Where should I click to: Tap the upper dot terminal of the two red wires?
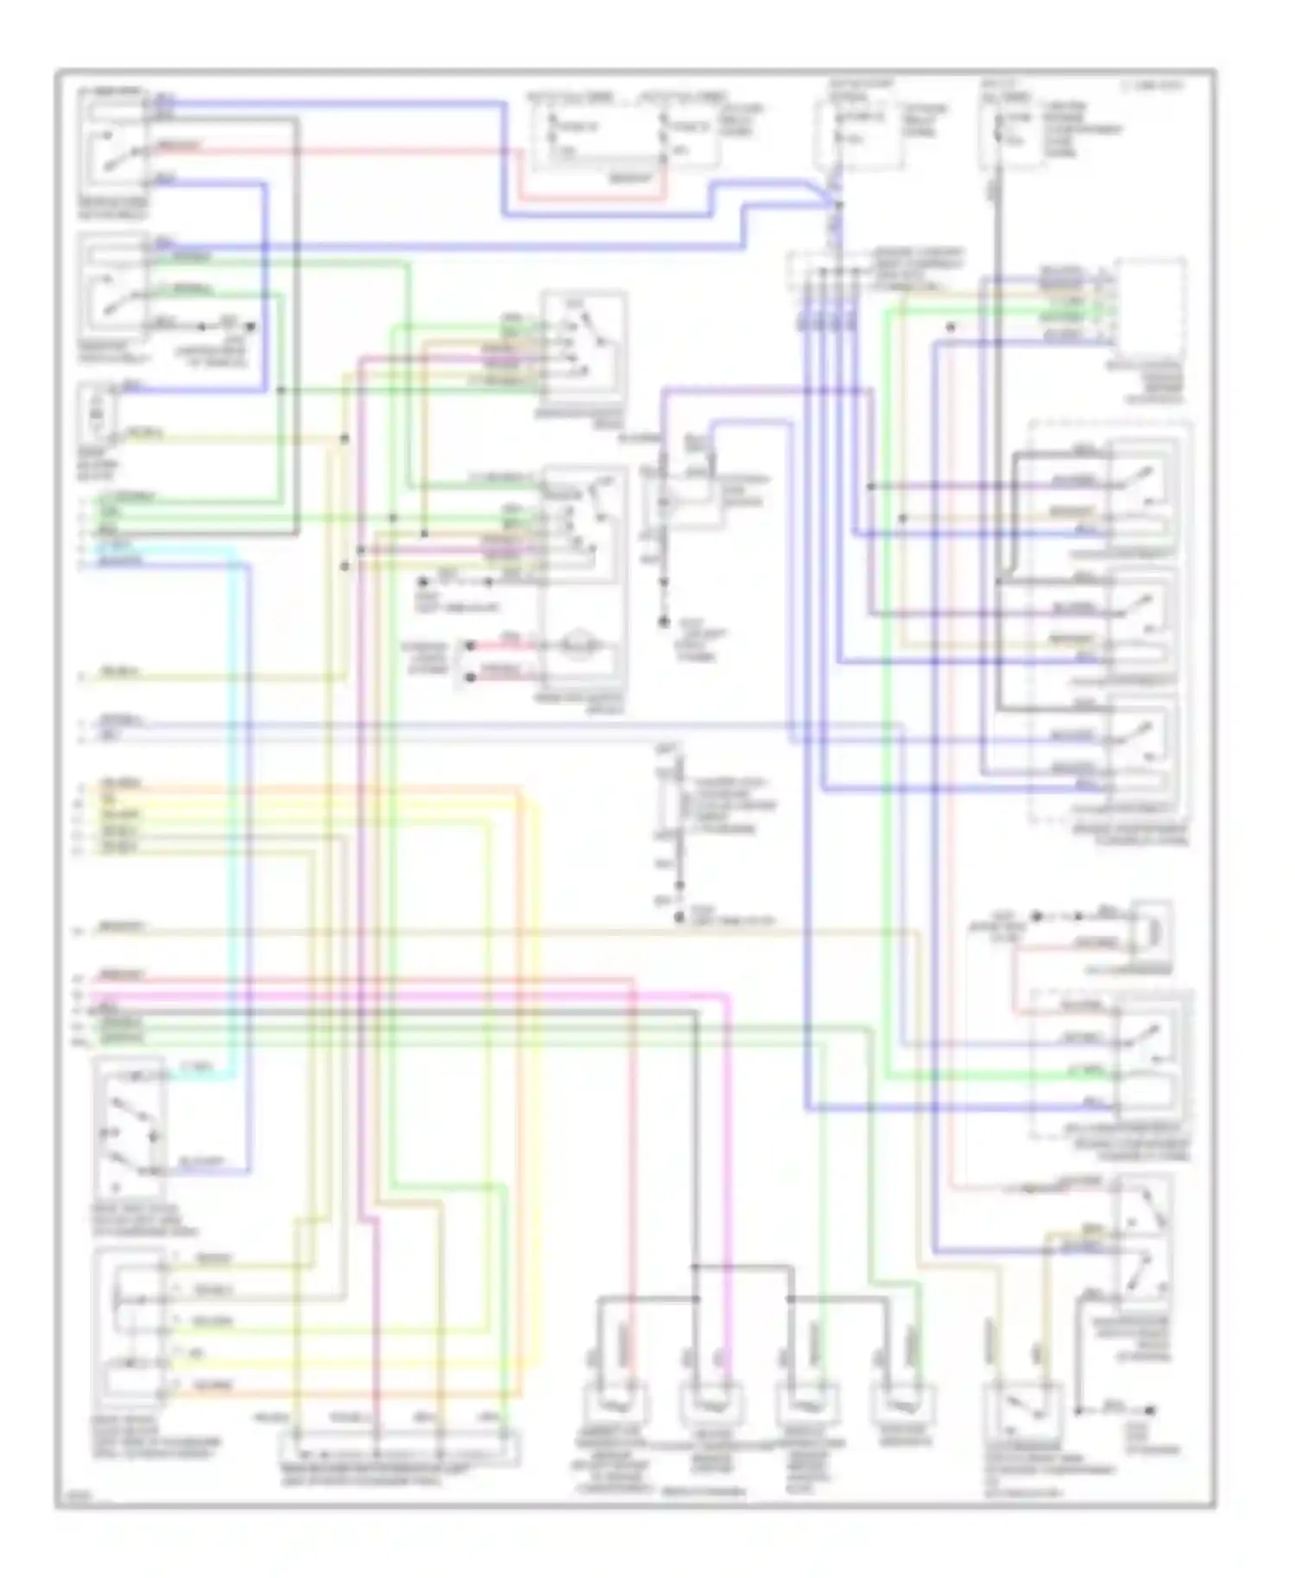[x=471, y=645]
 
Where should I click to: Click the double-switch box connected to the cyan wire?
[x=129, y=1127]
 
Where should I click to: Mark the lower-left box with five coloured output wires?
[x=129, y=1329]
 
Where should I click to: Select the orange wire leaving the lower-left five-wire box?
[x=345, y=1392]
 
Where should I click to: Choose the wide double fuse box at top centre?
[x=623, y=134]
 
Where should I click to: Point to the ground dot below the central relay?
[x=664, y=621]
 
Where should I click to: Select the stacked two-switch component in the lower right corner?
[x=1144, y=1243]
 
